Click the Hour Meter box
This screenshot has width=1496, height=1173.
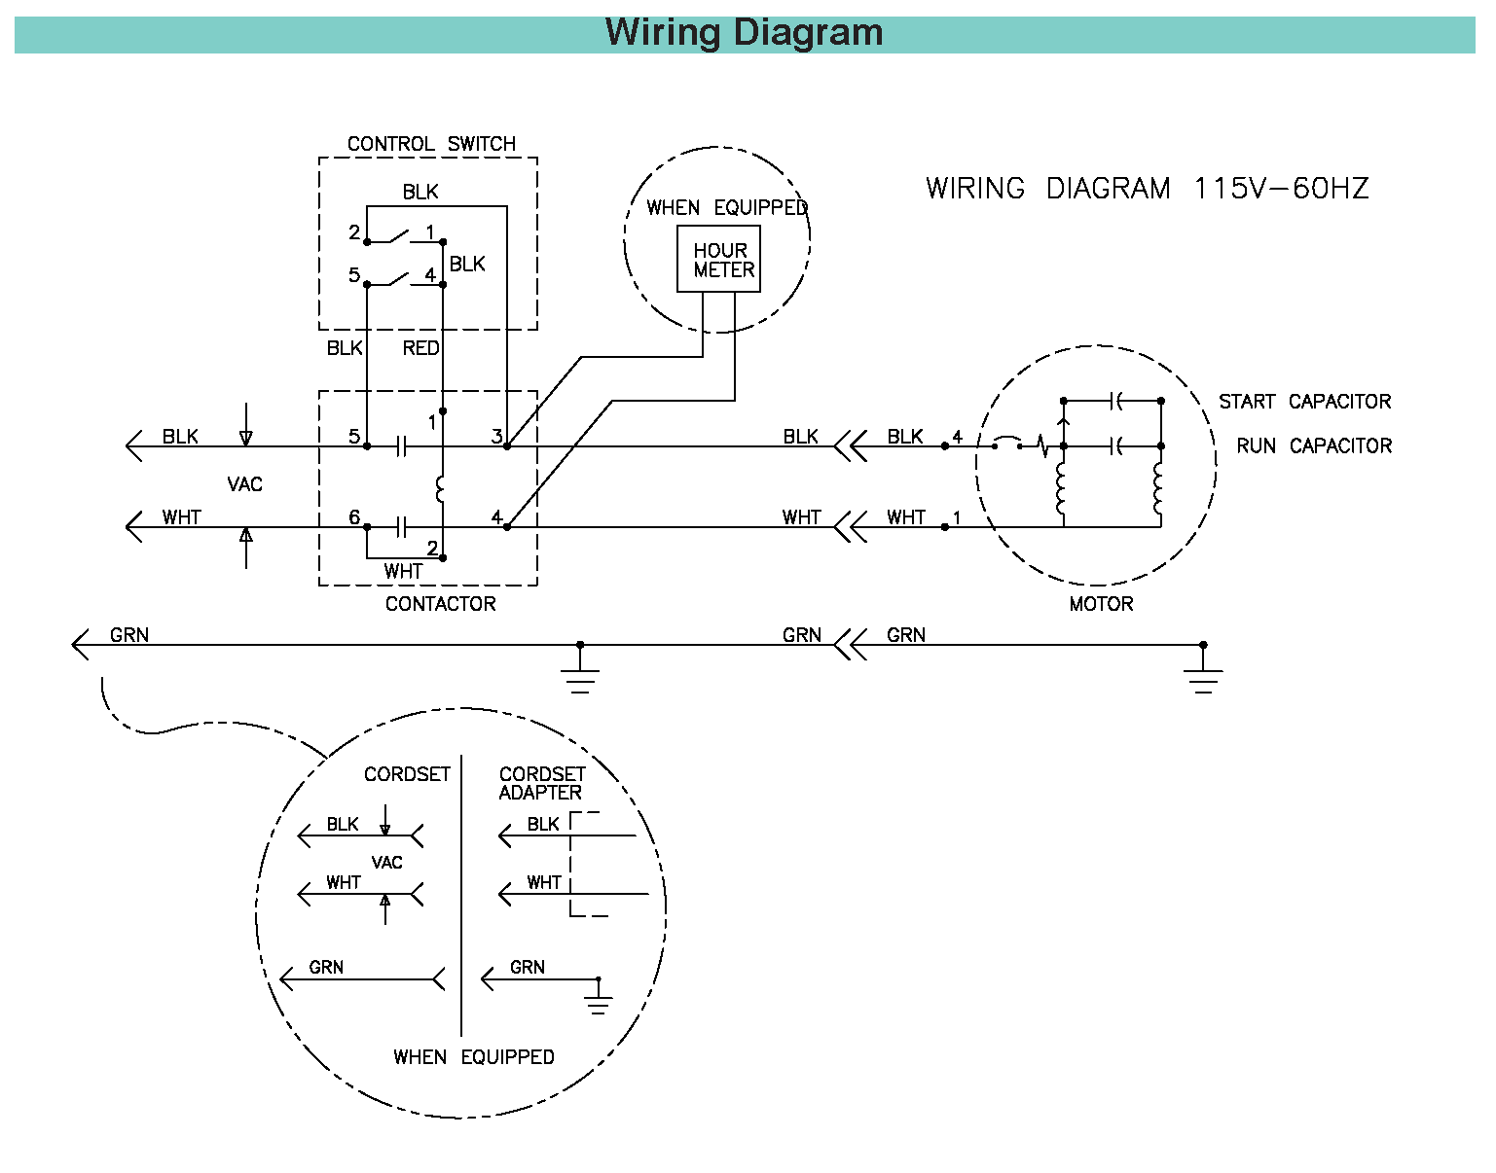(718, 260)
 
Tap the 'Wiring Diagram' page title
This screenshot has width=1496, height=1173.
(744, 32)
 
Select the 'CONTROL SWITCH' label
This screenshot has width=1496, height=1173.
(431, 144)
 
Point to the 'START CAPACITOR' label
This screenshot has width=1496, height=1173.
(1304, 402)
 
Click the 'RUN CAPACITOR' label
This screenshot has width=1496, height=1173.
(1313, 446)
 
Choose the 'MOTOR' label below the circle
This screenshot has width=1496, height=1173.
(1101, 604)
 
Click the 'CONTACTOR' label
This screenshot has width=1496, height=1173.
(440, 604)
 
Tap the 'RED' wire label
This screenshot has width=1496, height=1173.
(420, 348)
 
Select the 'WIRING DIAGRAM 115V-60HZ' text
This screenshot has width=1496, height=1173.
(1147, 189)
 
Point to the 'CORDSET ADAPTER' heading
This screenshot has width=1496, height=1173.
(541, 783)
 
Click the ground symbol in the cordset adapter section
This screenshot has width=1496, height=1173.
(599, 1002)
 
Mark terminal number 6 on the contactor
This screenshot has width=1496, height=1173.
(354, 517)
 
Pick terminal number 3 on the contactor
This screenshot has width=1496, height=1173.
(496, 437)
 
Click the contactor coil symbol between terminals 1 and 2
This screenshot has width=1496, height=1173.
(441, 489)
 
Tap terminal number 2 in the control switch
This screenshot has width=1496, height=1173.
(354, 233)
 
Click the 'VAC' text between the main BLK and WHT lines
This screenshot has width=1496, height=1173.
(244, 484)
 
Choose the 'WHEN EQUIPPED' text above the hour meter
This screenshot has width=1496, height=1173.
(727, 208)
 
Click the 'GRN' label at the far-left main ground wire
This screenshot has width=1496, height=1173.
(128, 635)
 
